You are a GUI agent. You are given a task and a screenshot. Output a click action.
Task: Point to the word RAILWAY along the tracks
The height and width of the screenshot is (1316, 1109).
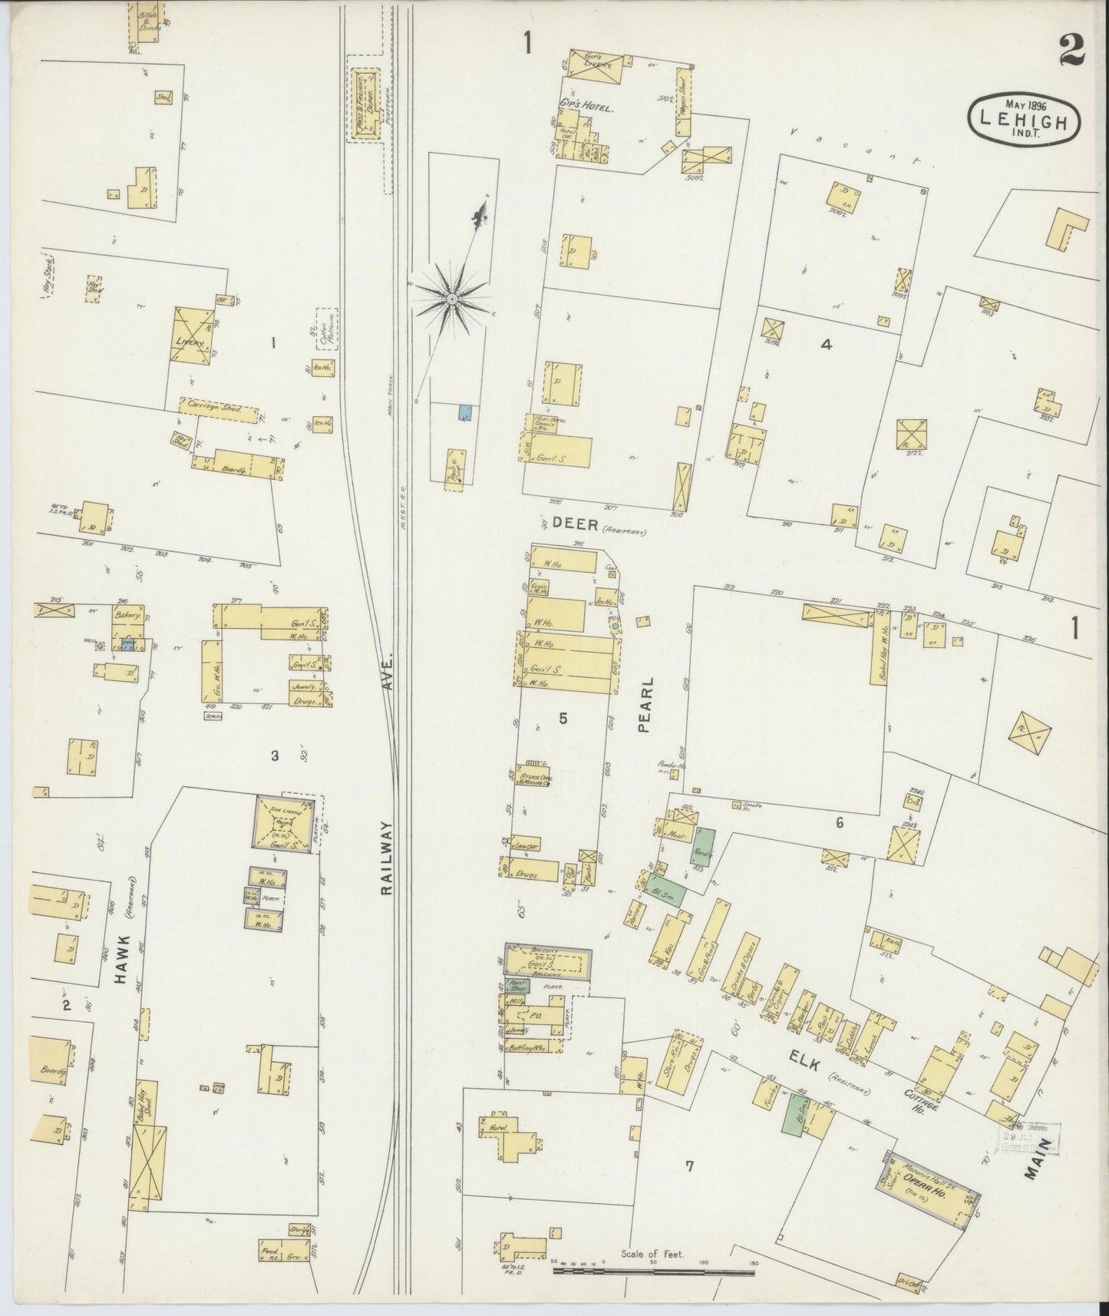[x=386, y=857]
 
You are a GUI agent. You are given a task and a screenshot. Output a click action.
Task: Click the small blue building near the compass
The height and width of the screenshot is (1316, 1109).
[x=464, y=412]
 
